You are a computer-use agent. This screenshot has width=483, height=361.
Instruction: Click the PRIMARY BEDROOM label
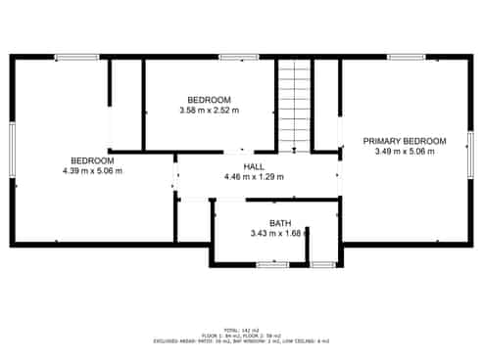click(x=405, y=141)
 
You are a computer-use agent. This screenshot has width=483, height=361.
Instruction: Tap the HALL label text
click(x=255, y=167)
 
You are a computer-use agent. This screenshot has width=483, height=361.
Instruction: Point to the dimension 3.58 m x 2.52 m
click(x=209, y=111)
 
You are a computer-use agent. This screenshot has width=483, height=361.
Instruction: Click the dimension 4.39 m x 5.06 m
click(x=92, y=170)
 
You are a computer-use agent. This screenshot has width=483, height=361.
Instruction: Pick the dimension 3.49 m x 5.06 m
click(x=405, y=152)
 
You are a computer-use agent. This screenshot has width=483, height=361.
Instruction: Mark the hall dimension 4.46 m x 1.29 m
click(x=255, y=177)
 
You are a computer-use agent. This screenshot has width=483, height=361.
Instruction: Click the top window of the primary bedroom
click(x=406, y=57)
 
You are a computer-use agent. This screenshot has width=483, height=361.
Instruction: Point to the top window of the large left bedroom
click(x=76, y=57)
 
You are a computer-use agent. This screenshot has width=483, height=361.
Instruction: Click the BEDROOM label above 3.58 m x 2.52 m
click(x=209, y=100)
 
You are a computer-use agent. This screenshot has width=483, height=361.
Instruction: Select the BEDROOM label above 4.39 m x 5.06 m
click(x=92, y=160)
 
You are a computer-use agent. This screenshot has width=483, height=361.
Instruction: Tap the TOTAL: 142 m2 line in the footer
click(x=241, y=330)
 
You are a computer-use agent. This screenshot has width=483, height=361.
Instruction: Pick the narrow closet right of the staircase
click(x=325, y=104)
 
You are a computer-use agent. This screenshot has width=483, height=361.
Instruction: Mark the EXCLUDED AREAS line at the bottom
click(x=241, y=340)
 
